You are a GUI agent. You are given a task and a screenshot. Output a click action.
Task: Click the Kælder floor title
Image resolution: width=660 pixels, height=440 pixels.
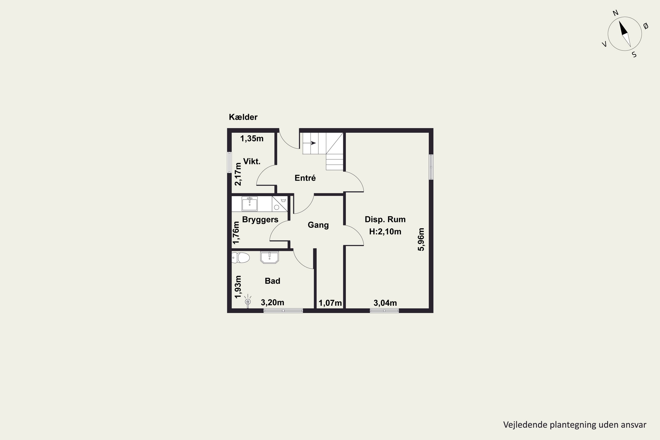[x=243, y=117]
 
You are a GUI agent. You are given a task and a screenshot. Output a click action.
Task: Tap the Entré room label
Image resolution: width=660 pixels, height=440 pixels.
[x=305, y=178]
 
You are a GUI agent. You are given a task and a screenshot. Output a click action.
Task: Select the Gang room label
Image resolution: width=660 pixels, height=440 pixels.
[x=318, y=225]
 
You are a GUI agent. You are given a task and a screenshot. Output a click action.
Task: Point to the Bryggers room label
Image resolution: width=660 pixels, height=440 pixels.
[x=260, y=219]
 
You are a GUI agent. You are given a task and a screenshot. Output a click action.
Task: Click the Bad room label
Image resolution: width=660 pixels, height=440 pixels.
[x=273, y=281]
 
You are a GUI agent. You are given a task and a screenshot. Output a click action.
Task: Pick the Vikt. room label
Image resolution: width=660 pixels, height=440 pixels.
[x=252, y=161]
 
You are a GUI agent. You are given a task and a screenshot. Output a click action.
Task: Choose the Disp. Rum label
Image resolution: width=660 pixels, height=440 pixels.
[x=385, y=219]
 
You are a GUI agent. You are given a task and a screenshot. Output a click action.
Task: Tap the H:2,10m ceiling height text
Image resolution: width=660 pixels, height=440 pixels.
[x=385, y=231]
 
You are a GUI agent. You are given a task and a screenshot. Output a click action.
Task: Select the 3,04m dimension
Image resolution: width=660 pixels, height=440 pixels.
[x=385, y=303]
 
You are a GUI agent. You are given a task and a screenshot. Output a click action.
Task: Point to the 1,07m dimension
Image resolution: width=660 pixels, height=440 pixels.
[x=330, y=303]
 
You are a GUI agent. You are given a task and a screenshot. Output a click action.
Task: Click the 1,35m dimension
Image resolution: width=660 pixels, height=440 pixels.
[x=252, y=138]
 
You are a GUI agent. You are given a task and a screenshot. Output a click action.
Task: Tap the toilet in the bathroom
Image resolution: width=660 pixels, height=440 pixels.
[x=241, y=258]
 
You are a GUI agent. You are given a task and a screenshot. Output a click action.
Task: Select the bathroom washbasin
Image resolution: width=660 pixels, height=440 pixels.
[x=269, y=257]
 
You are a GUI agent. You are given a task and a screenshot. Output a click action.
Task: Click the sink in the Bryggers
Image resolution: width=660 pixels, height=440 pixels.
[x=249, y=204]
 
